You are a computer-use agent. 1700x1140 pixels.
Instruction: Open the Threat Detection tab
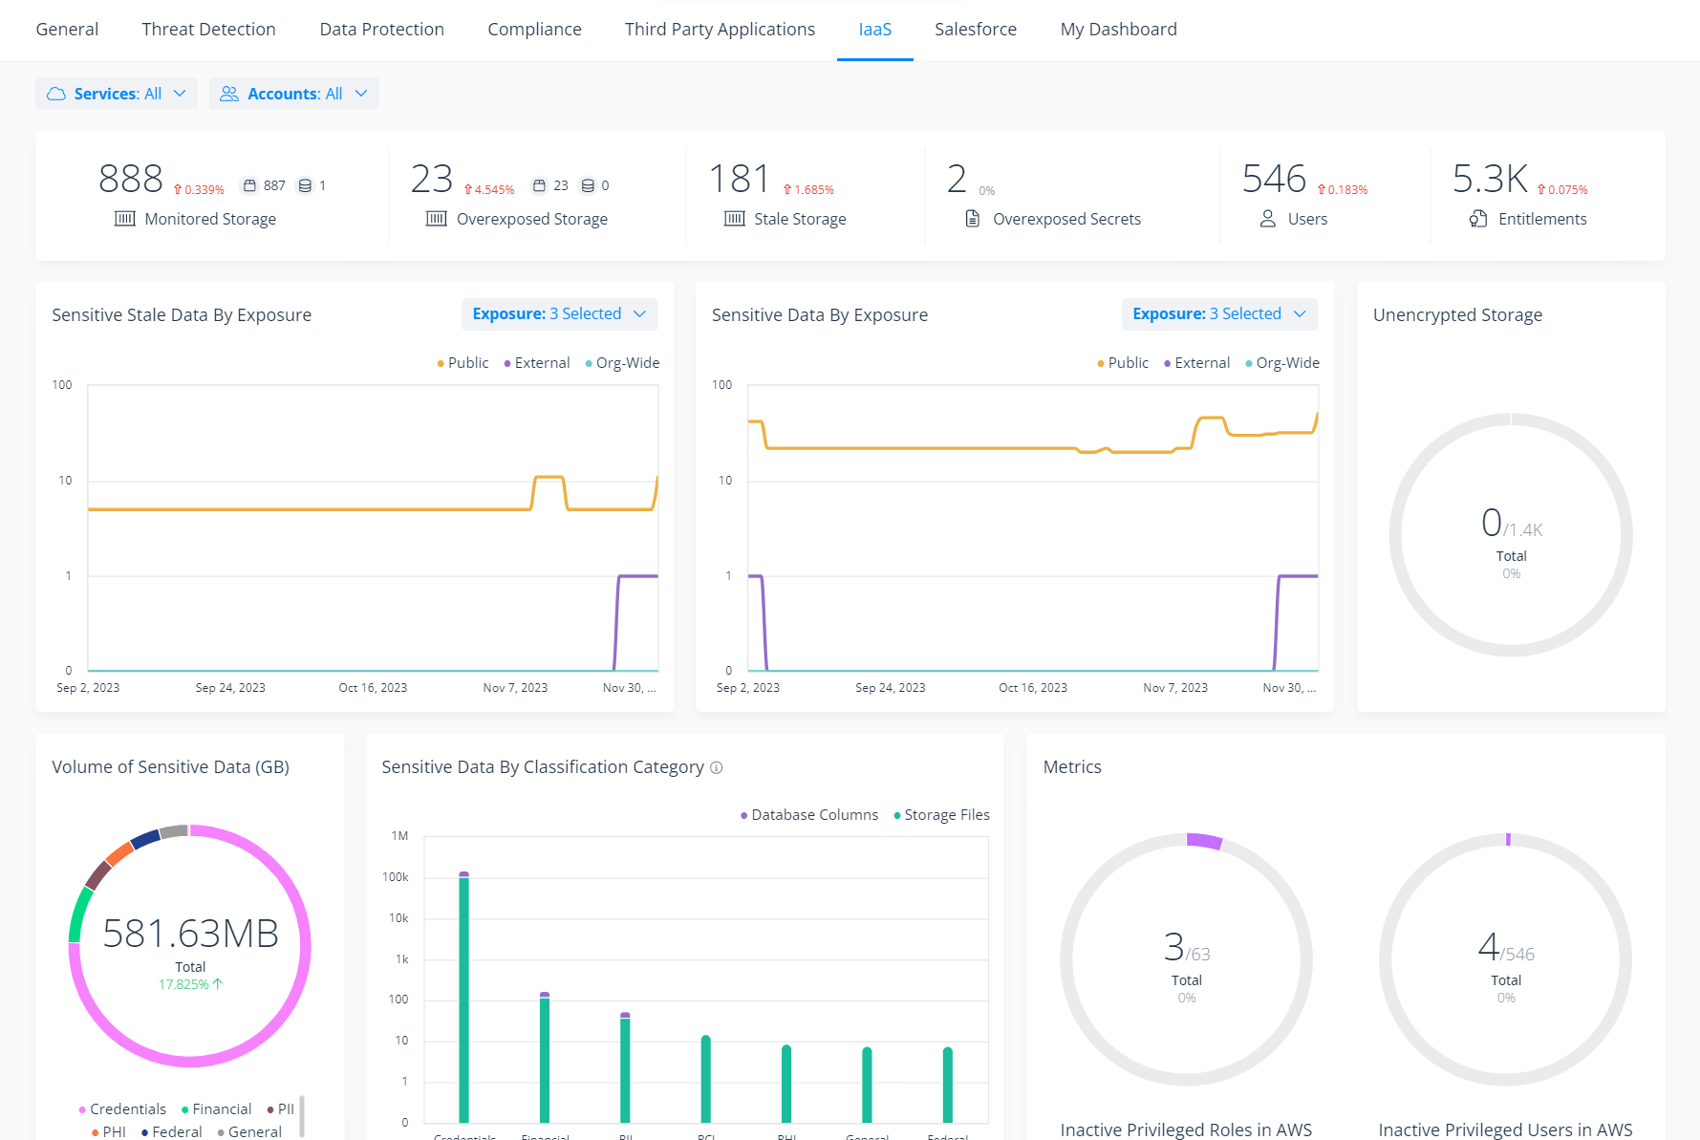tap(208, 30)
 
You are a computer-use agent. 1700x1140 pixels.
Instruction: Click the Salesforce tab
tap(975, 30)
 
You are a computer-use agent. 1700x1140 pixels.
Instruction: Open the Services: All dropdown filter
tap(117, 94)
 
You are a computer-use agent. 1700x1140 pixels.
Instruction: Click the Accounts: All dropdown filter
tap(293, 94)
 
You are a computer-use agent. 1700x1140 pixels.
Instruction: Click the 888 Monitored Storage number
tap(131, 179)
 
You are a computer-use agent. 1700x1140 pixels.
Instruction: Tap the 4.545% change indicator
tap(489, 189)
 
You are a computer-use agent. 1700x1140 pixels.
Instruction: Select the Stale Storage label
tap(799, 219)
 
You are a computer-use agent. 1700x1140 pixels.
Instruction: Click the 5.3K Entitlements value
tap(1489, 179)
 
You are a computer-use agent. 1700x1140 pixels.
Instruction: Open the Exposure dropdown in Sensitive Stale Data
tap(559, 314)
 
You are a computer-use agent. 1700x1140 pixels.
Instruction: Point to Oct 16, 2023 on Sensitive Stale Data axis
tap(373, 688)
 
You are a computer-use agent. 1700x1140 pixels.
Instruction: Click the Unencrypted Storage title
tap(1456, 315)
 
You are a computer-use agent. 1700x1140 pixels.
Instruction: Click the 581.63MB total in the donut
tap(190, 934)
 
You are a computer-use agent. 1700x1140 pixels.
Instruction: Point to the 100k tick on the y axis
tap(395, 877)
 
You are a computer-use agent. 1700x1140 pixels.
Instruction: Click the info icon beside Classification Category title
tap(717, 767)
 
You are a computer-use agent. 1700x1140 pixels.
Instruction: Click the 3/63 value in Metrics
tap(1186, 948)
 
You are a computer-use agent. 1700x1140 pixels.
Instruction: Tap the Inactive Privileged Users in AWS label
tap(1504, 1129)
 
